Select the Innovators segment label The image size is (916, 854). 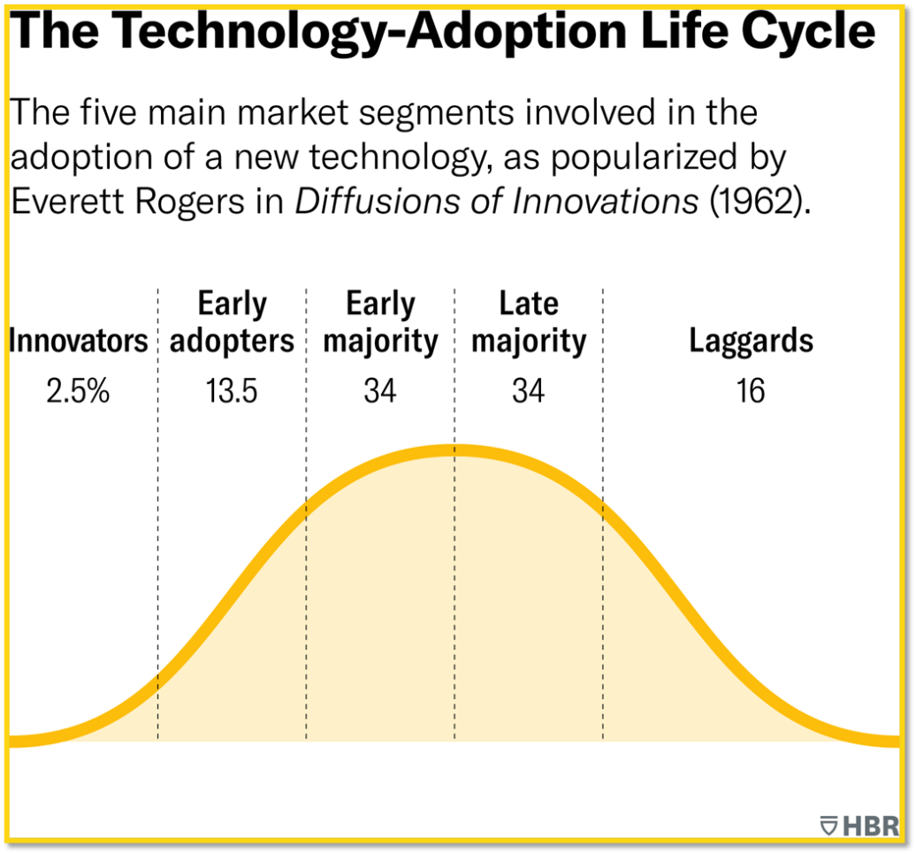coord(78,342)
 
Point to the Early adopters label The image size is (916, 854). coord(232,323)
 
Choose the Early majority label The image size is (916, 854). coord(380,323)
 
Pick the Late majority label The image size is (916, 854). coord(529,323)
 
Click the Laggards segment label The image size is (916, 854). coord(752,342)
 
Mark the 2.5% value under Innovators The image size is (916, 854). coord(78,390)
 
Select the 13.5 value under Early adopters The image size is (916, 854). coord(232,390)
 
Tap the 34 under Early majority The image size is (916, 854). coord(380,390)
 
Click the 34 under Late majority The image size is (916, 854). coord(529,390)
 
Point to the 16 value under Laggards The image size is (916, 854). coord(752,390)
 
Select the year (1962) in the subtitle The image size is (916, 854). coord(759,202)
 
